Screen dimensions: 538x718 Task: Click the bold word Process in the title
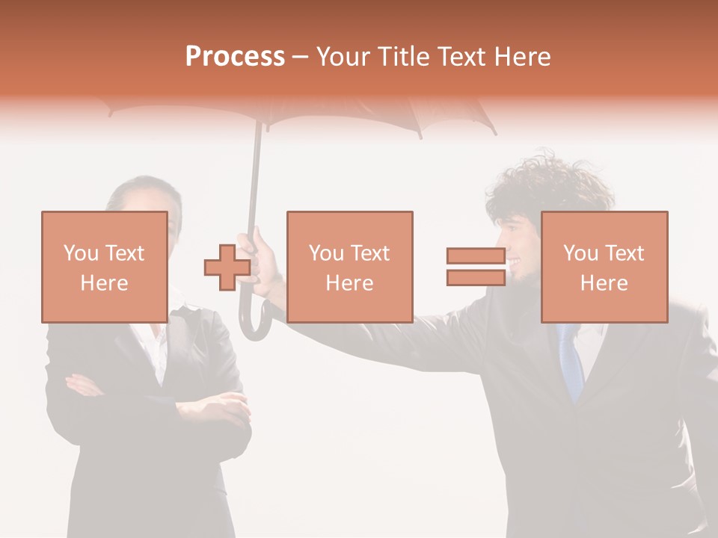(235, 56)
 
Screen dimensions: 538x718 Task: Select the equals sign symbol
(476, 267)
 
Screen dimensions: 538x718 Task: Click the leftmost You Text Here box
(104, 267)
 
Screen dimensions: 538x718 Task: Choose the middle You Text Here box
(349, 267)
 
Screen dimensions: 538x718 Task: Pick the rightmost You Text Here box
(604, 267)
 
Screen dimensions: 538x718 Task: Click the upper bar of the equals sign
(476, 256)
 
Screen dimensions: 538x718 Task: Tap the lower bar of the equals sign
(476, 277)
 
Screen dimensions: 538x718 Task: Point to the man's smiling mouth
(515, 262)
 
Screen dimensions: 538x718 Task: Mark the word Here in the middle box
(349, 283)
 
